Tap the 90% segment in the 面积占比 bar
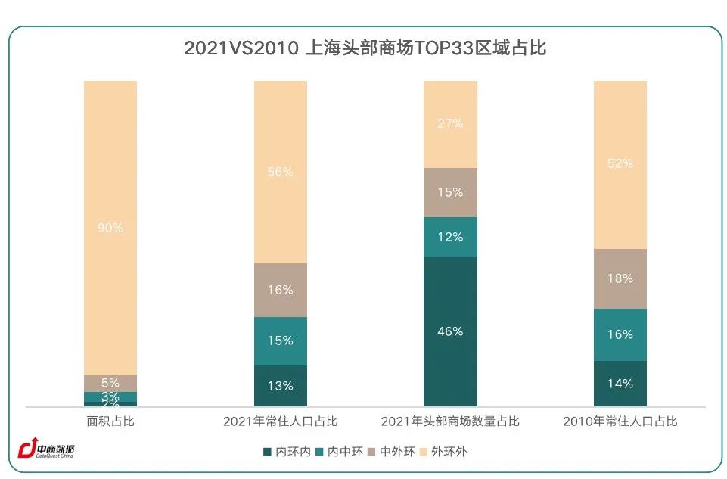point(110,227)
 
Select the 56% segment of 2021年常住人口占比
point(280,172)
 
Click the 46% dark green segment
point(450,331)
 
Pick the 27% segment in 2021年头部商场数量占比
point(450,123)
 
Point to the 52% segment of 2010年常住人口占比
point(620,163)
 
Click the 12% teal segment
point(450,237)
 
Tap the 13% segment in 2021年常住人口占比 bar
point(280,386)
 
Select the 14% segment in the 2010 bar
point(620,384)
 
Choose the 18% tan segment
point(620,278)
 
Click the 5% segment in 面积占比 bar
point(110,383)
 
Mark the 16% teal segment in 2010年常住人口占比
point(620,334)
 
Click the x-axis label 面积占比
point(110,421)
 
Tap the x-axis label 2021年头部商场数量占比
point(450,421)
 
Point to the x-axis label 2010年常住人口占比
point(620,421)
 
